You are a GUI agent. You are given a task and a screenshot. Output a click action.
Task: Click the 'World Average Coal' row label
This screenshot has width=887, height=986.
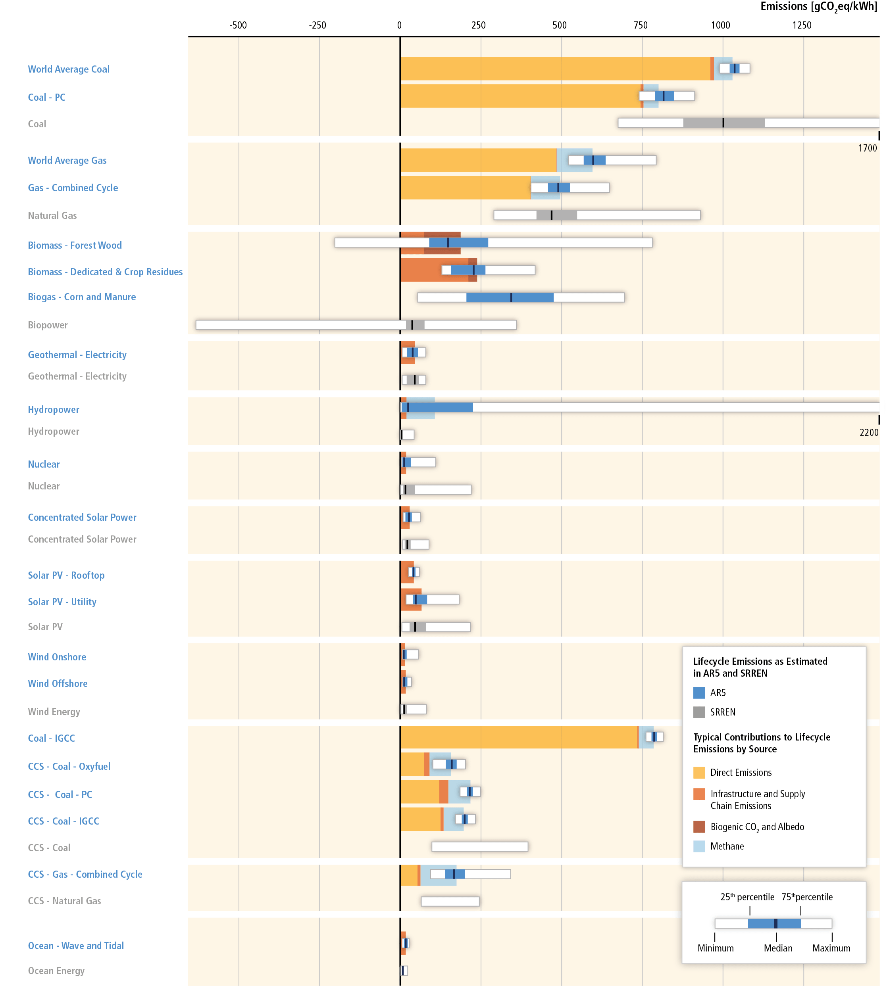pos(69,69)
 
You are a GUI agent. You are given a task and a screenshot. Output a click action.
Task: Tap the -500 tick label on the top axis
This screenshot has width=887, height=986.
pos(239,25)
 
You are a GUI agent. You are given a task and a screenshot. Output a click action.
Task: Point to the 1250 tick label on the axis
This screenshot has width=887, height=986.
pos(802,25)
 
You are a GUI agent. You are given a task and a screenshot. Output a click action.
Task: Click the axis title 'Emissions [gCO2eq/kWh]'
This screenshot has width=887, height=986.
pos(818,7)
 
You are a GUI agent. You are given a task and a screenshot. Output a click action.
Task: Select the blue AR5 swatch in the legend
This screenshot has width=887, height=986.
pos(699,693)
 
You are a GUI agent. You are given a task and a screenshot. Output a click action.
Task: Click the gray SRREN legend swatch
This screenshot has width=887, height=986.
pos(699,712)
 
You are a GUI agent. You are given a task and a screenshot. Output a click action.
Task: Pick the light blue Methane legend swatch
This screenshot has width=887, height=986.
pos(699,846)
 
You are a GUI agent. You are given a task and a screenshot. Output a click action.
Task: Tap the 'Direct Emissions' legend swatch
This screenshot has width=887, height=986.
pos(699,773)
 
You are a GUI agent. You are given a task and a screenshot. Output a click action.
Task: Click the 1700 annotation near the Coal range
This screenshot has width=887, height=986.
pos(867,148)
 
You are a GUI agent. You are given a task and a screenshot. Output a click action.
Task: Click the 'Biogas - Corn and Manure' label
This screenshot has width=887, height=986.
pos(82,297)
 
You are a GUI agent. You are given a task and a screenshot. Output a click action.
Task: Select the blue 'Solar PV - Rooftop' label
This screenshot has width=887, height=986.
pos(66,575)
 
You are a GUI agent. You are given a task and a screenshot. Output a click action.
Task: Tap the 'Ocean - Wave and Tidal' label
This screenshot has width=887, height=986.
pos(76,946)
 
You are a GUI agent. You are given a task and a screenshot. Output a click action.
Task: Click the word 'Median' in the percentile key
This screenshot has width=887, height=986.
pos(778,948)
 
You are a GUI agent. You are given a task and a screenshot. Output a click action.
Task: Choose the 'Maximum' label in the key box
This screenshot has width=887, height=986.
pos(831,948)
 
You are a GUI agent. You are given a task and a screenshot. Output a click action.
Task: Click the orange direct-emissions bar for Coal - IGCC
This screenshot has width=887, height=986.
pos(519,737)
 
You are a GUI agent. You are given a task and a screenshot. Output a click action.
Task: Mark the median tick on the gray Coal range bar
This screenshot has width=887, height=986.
pos(723,123)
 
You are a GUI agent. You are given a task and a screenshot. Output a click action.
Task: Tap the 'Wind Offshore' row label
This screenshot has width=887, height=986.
pos(58,683)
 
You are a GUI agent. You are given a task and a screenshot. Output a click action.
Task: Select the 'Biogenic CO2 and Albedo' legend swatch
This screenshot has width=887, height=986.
pos(699,827)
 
